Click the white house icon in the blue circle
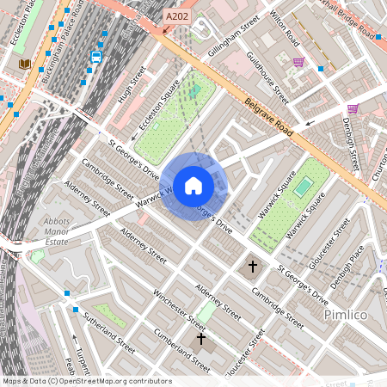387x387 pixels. (193, 185)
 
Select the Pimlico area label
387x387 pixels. (346, 316)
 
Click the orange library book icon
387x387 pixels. (24, 64)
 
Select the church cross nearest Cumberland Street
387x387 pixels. (201, 339)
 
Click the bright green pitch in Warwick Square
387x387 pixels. (304, 187)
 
